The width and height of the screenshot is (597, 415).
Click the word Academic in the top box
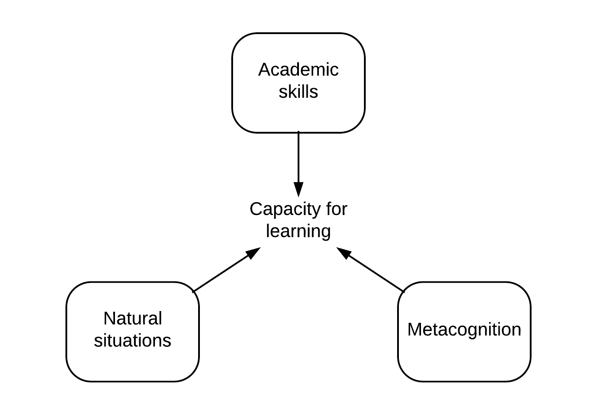point(298,70)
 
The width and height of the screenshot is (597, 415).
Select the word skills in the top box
point(298,92)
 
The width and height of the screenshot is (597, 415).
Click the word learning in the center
point(298,231)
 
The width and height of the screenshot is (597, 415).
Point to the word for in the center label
point(337,209)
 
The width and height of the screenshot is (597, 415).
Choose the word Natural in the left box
point(133,319)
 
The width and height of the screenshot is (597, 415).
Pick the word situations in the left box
point(133,341)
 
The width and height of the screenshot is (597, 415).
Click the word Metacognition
point(464,330)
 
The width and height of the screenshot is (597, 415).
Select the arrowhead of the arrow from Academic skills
point(298,189)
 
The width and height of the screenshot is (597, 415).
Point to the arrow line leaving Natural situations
point(221,273)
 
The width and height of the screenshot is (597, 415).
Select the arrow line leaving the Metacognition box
point(376,273)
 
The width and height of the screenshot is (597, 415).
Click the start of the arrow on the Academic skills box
point(298,132)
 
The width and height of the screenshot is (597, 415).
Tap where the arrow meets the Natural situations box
point(194,292)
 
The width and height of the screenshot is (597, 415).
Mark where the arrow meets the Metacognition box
point(403,292)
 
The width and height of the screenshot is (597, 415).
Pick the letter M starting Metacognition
point(413,330)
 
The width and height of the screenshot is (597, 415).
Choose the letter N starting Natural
point(109,319)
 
